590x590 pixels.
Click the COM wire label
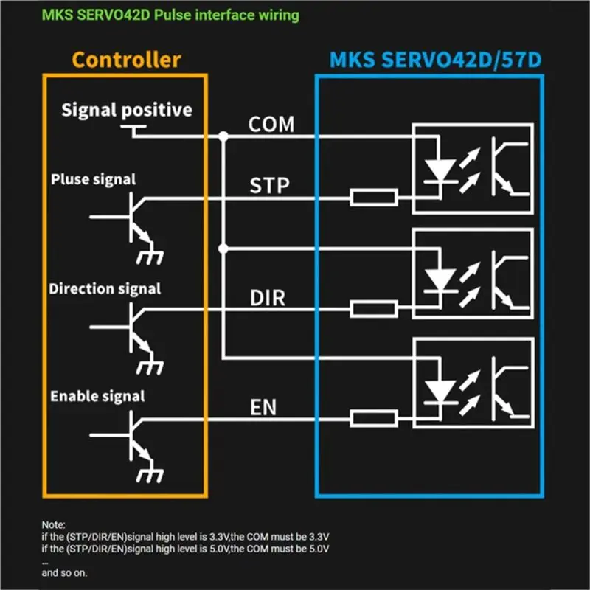click(271, 124)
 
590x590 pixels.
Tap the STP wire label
click(269, 186)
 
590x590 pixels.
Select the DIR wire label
click(268, 298)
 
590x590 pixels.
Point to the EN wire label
click(263, 407)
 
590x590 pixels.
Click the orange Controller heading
click(126, 60)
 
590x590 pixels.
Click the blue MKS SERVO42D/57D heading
click(435, 60)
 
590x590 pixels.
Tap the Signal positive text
click(127, 110)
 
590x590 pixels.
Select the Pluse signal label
click(94, 179)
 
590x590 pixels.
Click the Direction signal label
click(105, 289)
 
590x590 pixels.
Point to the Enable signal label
click(97, 396)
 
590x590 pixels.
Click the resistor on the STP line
click(374, 198)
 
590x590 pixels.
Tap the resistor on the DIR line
click(374, 309)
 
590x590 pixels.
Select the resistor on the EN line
click(374, 418)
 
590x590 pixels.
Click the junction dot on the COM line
click(223, 136)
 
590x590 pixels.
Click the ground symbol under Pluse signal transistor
click(150, 257)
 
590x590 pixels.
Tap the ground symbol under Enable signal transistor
click(150, 475)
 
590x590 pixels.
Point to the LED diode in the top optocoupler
click(440, 171)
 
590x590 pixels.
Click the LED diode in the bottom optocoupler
click(440, 392)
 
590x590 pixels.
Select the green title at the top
click(170, 15)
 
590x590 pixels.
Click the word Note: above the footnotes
click(53, 525)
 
